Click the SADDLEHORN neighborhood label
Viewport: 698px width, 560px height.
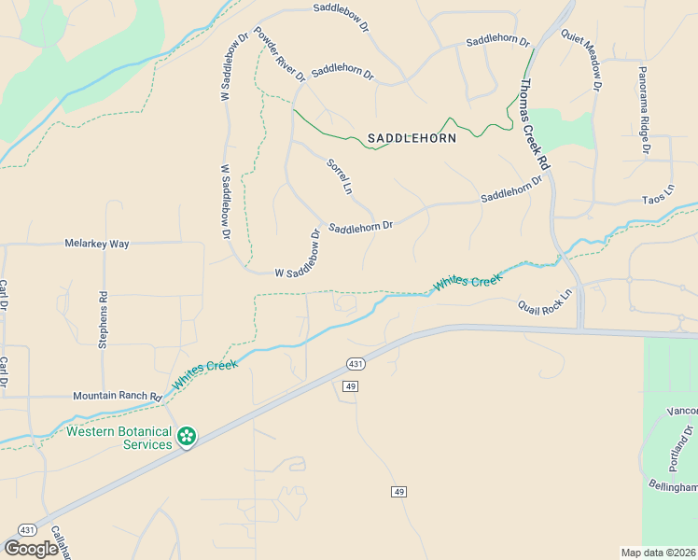(412, 138)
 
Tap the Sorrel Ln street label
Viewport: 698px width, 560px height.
(339, 176)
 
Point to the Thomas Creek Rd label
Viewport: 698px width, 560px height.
(536, 124)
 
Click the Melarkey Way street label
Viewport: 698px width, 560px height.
(96, 243)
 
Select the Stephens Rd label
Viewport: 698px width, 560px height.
(104, 319)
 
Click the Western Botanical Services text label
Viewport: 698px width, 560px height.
(119, 438)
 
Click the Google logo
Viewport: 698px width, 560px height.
(31, 549)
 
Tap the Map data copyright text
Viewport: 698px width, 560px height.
(658, 552)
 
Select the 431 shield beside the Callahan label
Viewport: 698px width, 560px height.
(27, 529)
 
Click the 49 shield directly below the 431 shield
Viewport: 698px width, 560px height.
(351, 386)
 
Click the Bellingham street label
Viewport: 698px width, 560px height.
(673, 487)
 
